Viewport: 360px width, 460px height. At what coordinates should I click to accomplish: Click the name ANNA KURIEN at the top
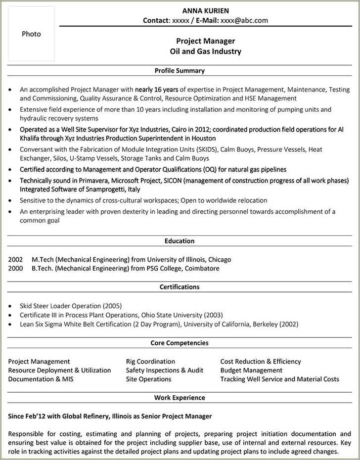click(205, 11)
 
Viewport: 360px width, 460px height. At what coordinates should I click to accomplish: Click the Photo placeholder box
click(31, 34)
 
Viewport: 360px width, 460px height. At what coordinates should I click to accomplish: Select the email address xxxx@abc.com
click(244, 20)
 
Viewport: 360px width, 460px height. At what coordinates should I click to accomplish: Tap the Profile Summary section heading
click(180, 71)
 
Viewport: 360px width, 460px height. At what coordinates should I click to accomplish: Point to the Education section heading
click(180, 241)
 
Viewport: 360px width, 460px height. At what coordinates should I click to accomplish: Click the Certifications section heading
click(180, 287)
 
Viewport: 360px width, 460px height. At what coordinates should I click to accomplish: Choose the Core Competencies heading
click(180, 343)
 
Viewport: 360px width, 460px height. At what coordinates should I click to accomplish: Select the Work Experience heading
click(180, 398)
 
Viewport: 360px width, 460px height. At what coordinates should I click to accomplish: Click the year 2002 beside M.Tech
click(16, 259)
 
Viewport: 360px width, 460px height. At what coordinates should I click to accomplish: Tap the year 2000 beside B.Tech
click(16, 268)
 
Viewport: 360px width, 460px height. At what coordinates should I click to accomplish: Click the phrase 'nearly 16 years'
click(157, 90)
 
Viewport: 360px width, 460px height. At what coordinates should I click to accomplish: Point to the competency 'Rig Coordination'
click(150, 362)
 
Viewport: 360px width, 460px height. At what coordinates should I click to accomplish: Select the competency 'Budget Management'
click(251, 370)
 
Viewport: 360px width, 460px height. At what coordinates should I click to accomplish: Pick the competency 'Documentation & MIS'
click(38, 379)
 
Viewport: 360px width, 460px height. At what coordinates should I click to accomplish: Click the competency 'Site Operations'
click(148, 379)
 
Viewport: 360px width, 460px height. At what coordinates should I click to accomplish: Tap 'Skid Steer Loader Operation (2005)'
click(71, 306)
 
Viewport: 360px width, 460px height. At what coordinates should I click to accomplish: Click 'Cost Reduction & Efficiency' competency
click(261, 362)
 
